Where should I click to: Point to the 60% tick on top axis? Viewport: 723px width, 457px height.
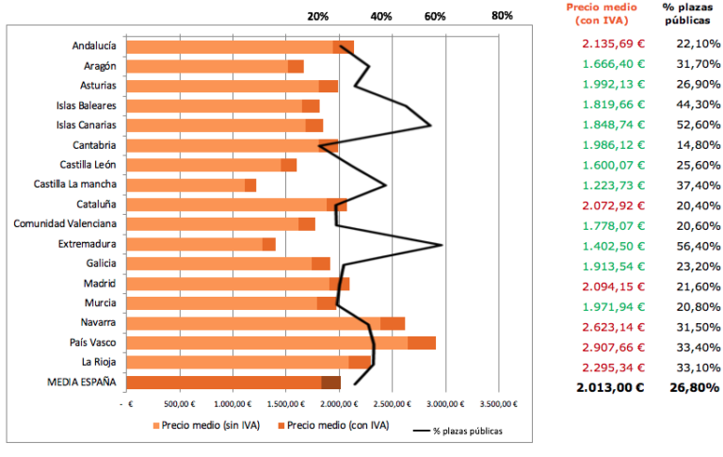[435, 16]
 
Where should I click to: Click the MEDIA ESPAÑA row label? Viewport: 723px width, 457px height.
[81, 382]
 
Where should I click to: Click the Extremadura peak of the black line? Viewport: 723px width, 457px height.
[442, 245]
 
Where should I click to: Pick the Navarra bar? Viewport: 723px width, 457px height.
[265, 323]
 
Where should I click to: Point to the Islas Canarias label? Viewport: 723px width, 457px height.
[86, 124]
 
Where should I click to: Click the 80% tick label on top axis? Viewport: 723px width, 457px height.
[502, 16]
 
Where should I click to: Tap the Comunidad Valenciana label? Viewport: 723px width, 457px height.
[65, 224]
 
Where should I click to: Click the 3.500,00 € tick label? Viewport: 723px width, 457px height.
[499, 403]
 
